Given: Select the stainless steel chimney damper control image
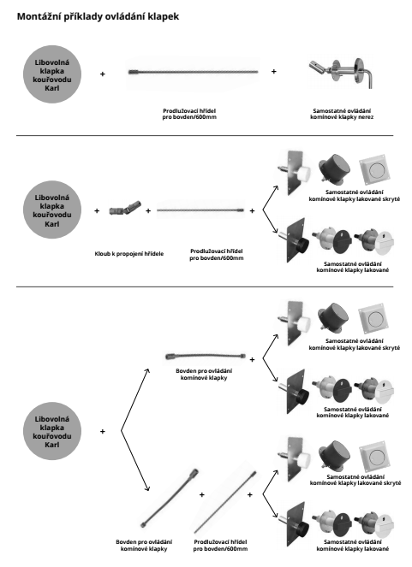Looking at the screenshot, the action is [341, 73].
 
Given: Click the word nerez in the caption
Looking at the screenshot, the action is [367, 117].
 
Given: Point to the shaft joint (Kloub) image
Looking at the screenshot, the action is [125, 209].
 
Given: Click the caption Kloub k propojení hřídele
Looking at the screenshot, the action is [128, 254].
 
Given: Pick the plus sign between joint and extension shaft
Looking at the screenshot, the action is [148, 211].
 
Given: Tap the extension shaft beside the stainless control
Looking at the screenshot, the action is [194, 72].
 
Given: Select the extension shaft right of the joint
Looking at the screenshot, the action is [200, 210].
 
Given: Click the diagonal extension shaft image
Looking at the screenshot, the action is [225, 502].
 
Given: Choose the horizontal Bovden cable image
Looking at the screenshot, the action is [206, 357].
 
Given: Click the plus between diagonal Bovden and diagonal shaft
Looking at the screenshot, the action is [201, 494].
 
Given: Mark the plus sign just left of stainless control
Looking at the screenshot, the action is [274, 72].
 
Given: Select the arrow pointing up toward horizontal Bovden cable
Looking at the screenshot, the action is [135, 400].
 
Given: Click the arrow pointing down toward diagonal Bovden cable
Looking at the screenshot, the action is [135, 461].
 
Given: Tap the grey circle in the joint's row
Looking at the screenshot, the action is [52, 210].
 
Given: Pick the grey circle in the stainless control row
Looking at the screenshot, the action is [52, 74].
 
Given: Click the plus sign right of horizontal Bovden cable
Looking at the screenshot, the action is [252, 360].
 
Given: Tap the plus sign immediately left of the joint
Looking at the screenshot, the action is [97, 211].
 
